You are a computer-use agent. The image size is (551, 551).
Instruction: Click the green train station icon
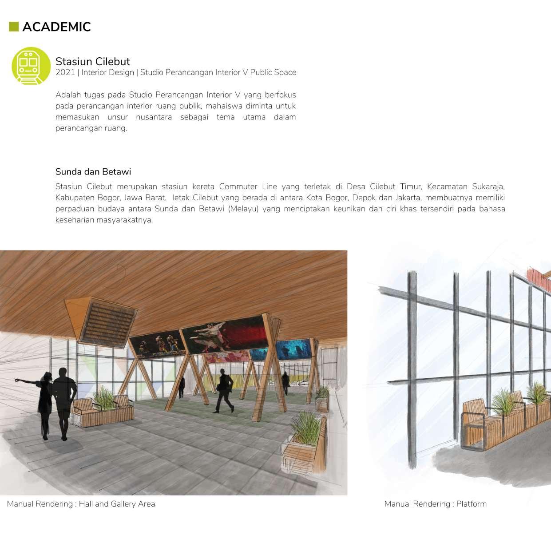(31, 66)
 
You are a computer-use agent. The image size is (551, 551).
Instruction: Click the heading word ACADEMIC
(56, 27)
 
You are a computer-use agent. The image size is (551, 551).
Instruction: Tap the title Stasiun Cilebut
(92, 61)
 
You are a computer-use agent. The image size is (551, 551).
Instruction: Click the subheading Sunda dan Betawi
(93, 171)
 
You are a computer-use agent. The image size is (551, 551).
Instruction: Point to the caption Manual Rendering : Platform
(435, 504)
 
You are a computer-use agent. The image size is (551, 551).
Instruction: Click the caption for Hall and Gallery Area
(81, 504)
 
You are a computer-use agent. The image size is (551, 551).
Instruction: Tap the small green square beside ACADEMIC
(14, 27)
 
